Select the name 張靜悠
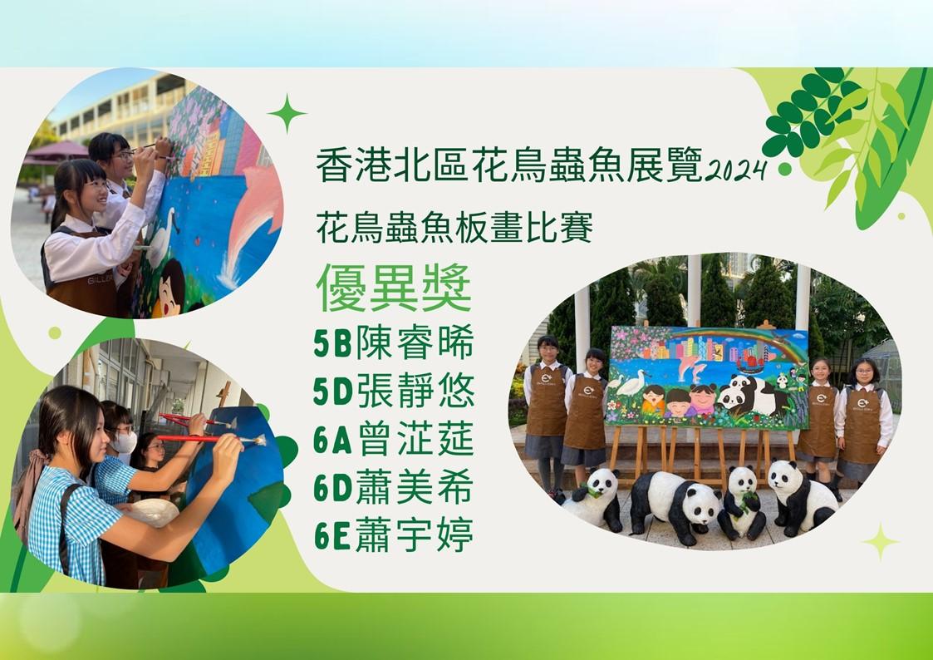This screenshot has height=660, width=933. [x=415, y=391]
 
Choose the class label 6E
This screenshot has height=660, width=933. [x=332, y=535]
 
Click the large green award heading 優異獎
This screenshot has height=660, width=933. [x=394, y=288]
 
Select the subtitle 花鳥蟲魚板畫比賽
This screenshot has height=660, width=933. [x=454, y=229]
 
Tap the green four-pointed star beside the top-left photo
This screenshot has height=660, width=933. [x=287, y=112]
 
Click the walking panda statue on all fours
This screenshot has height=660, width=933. [x=675, y=505]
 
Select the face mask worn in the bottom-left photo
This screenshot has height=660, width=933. [x=125, y=442]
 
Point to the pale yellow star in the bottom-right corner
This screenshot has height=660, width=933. [x=881, y=542]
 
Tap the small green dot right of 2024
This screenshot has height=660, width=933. [x=784, y=169]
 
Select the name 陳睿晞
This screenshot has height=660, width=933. [x=415, y=342]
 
